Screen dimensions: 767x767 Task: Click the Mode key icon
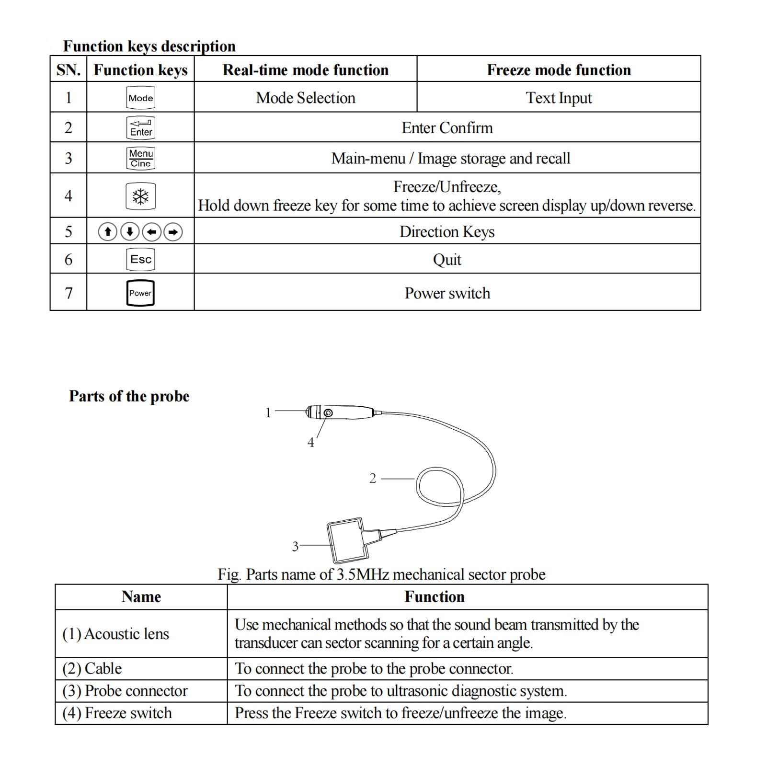(x=140, y=98)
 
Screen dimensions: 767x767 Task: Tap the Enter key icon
(x=140, y=128)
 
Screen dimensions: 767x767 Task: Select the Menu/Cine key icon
(x=141, y=158)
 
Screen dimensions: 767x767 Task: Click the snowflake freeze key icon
(x=140, y=196)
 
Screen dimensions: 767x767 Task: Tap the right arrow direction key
(x=173, y=232)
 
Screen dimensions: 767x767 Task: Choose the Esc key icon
(x=140, y=259)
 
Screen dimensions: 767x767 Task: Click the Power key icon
(x=140, y=293)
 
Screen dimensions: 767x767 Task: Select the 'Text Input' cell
(x=559, y=98)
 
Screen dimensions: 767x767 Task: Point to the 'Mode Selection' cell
(x=306, y=98)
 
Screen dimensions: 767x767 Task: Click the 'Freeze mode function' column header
(x=559, y=70)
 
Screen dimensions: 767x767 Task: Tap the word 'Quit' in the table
(x=447, y=260)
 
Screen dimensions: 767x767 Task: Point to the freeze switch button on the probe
(x=328, y=413)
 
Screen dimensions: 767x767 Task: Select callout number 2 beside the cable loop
(x=373, y=478)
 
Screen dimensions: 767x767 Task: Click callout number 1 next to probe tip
(x=268, y=412)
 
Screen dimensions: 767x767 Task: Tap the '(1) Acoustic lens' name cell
(x=116, y=634)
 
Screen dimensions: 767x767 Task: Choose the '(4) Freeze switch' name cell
(x=117, y=713)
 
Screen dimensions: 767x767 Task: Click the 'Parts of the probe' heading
(x=129, y=396)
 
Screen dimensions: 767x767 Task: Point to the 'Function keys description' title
(x=149, y=46)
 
